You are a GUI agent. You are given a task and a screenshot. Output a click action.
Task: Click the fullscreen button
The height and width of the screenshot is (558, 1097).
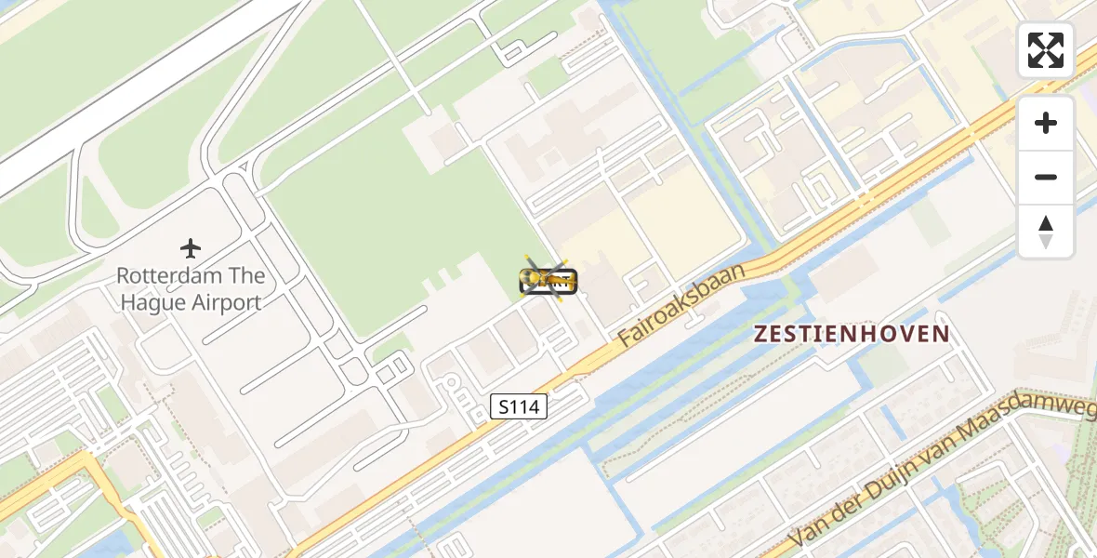pos(1046,50)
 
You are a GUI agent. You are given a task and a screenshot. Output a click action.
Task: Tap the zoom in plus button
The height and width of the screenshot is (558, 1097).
pos(1046,123)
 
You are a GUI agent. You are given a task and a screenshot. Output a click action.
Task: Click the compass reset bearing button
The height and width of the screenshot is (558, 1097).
pos(1046,232)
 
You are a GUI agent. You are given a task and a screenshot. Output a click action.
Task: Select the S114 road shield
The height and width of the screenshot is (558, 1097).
pos(519,406)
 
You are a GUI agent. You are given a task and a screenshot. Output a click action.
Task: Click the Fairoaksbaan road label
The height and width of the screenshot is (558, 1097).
pos(683,304)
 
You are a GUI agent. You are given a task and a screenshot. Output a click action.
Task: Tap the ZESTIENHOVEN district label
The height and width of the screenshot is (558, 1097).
pos(852,334)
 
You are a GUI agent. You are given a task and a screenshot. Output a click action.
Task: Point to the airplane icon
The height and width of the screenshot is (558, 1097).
pos(191,248)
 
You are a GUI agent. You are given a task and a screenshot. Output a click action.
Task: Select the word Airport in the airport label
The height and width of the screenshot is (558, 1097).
pos(227,302)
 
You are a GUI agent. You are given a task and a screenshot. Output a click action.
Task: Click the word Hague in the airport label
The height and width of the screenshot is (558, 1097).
pos(154,302)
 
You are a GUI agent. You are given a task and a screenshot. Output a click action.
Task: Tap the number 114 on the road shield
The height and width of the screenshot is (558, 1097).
pos(525,406)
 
